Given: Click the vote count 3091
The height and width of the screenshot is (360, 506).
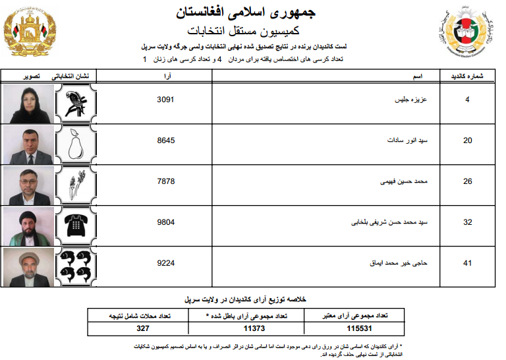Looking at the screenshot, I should pyautogui.click(x=167, y=100).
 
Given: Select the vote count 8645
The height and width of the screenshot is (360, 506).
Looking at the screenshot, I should pyautogui.click(x=167, y=140).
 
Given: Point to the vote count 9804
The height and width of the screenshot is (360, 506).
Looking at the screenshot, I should pyautogui.click(x=167, y=222).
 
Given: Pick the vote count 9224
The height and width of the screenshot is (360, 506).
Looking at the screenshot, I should pyautogui.click(x=167, y=263).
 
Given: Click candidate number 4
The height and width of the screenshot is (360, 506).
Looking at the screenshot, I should pyautogui.click(x=467, y=100).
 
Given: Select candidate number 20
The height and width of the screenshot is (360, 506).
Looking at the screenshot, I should pyautogui.click(x=467, y=140).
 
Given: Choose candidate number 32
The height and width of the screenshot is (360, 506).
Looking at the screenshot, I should pyautogui.click(x=467, y=222).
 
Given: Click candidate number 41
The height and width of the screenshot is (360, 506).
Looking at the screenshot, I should pyautogui.click(x=467, y=263).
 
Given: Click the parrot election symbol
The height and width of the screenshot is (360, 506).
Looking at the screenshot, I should pyautogui.click(x=78, y=104).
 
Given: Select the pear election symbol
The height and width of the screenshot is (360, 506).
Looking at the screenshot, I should pyautogui.click(x=78, y=145).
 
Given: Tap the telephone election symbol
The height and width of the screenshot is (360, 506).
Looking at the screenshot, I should pyautogui.click(x=78, y=225).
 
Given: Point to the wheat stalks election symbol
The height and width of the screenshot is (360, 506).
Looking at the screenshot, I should pyautogui.click(x=78, y=185).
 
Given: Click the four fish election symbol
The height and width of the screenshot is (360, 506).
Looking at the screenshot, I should pyautogui.click(x=78, y=266).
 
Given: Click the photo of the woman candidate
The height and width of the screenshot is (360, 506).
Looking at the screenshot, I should pyautogui.click(x=28, y=104).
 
